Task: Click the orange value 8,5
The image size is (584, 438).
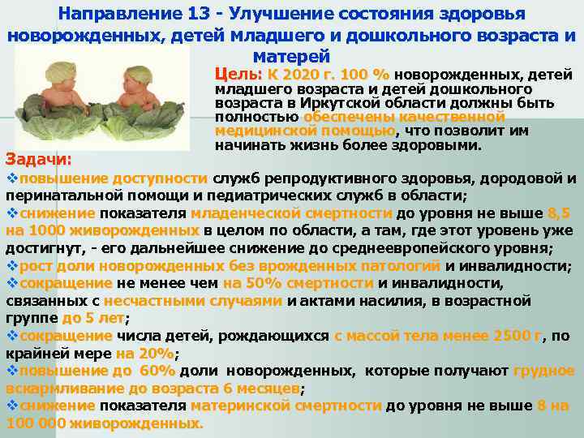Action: [560, 213]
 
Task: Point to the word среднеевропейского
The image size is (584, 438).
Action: [385, 248]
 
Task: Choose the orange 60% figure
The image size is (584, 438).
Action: [157, 371]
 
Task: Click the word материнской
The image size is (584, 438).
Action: [241, 406]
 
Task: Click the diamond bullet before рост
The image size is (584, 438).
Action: [11, 265]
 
